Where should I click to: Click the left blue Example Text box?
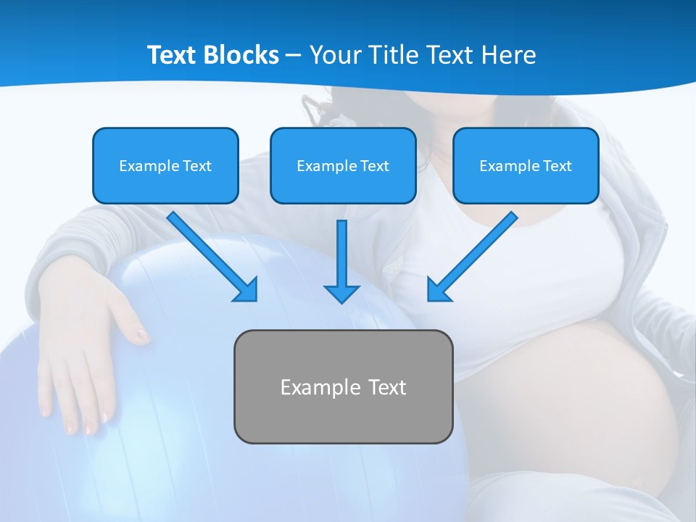[x=165, y=165]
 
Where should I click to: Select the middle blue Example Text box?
[x=343, y=165]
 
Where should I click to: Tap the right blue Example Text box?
[x=526, y=165]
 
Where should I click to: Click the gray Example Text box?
[x=343, y=386]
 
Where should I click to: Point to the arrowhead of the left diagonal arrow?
[x=246, y=290]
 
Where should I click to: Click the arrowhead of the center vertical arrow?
[x=341, y=294]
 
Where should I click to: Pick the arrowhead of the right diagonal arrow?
[x=437, y=290]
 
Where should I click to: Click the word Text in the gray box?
[x=387, y=387]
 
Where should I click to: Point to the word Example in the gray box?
[x=320, y=387]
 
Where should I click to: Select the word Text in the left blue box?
[x=196, y=166]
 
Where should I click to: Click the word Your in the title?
[x=335, y=55]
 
